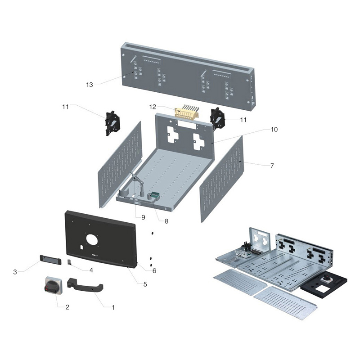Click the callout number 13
tap(89, 84)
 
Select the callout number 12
tap(153, 107)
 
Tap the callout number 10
tap(274, 130)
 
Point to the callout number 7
tap(272, 166)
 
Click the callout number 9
tap(143, 217)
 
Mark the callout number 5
tap(145, 284)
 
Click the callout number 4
tap(91, 270)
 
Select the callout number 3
tap(15, 271)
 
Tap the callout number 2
tap(67, 307)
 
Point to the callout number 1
tap(113, 308)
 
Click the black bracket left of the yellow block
tap(112, 122)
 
